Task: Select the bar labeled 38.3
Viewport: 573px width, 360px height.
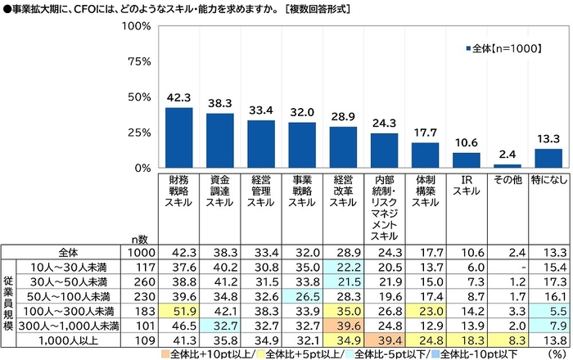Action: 219,141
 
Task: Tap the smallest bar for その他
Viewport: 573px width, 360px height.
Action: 508,166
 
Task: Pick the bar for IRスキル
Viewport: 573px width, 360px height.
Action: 467,160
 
